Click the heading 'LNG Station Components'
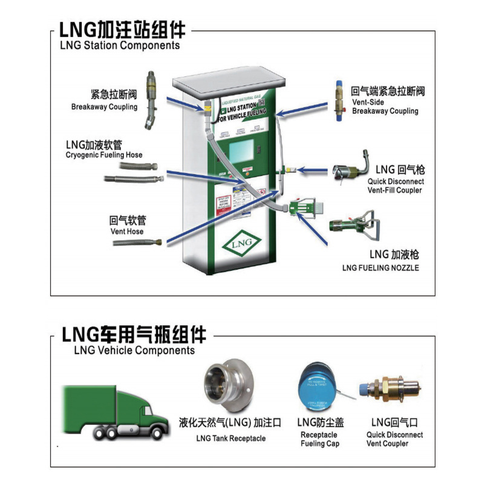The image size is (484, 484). (119, 45)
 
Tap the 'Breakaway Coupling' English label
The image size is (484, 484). (104, 107)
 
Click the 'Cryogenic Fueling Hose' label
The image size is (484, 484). (103, 155)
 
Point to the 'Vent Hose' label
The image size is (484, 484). (126, 232)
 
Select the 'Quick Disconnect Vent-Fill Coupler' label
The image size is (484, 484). (396, 186)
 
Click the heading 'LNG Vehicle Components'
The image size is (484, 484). (134, 350)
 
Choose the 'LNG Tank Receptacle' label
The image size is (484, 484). (231, 439)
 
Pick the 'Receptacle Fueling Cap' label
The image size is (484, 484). (319, 439)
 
